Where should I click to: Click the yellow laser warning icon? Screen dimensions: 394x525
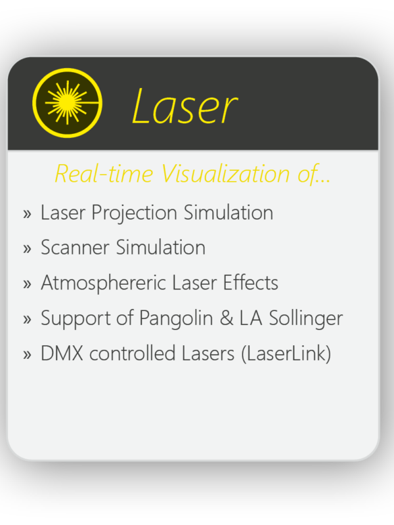pos(68,103)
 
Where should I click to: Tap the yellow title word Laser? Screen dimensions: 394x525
pos(185,106)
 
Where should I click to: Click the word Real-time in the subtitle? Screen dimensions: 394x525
pos(104,173)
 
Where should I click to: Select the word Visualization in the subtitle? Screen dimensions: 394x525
pos(225,173)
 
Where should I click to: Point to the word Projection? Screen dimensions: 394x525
pos(135,213)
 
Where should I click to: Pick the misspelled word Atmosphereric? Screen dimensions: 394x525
pos(104,283)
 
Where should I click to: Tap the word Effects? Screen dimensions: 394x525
pos(251,282)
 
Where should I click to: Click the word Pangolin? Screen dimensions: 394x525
pos(176,318)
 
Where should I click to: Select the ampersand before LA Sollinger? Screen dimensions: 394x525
pos(227,318)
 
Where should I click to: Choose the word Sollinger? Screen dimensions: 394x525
pos(306,318)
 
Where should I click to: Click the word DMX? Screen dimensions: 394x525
pos(62,353)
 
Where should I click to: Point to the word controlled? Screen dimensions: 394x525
pos(133,353)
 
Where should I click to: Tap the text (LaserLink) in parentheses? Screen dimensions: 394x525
pos(286,354)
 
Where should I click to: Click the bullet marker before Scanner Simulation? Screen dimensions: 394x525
pos(27,249)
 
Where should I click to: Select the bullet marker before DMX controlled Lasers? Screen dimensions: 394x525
pos(27,354)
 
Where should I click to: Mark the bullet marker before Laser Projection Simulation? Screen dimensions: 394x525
pos(27,214)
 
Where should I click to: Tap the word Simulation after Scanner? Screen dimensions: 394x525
pos(161,247)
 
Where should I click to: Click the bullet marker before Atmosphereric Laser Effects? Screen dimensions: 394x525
pos(27,284)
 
